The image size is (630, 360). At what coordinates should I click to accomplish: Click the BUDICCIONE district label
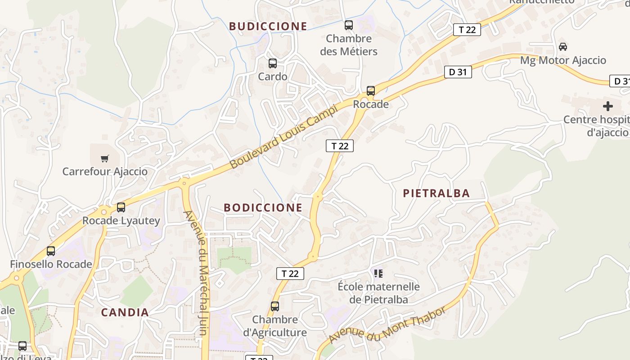[268, 27]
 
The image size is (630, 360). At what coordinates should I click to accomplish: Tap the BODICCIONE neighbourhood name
[263, 207]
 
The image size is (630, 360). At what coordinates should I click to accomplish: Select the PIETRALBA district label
[436, 193]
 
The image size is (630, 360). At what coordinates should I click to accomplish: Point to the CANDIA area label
[125, 313]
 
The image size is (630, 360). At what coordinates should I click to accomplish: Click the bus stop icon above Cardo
[273, 63]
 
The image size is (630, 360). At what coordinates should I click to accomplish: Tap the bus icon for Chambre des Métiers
[349, 25]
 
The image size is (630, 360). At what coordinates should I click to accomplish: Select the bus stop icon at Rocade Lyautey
[121, 207]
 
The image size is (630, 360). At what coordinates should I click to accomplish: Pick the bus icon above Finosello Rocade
[51, 251]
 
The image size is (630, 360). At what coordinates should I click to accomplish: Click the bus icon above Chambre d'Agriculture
[275, 306]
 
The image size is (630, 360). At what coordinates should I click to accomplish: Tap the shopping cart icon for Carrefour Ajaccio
[105, 158]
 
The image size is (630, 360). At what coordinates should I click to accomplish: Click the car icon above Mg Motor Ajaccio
[563, 46]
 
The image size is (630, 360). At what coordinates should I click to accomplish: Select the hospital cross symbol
[608, 106]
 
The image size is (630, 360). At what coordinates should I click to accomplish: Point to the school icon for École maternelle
[378, 273]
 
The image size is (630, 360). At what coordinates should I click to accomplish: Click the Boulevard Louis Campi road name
[283, 136]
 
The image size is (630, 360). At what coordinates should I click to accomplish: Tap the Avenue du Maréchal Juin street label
[197, 273]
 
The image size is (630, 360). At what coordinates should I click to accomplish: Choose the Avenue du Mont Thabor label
[387, 325]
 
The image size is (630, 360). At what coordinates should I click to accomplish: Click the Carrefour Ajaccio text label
[105, 171]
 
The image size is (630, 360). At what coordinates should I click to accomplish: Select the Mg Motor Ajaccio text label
[569, 60]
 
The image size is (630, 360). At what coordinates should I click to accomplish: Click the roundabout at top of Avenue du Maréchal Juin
[184, 183]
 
